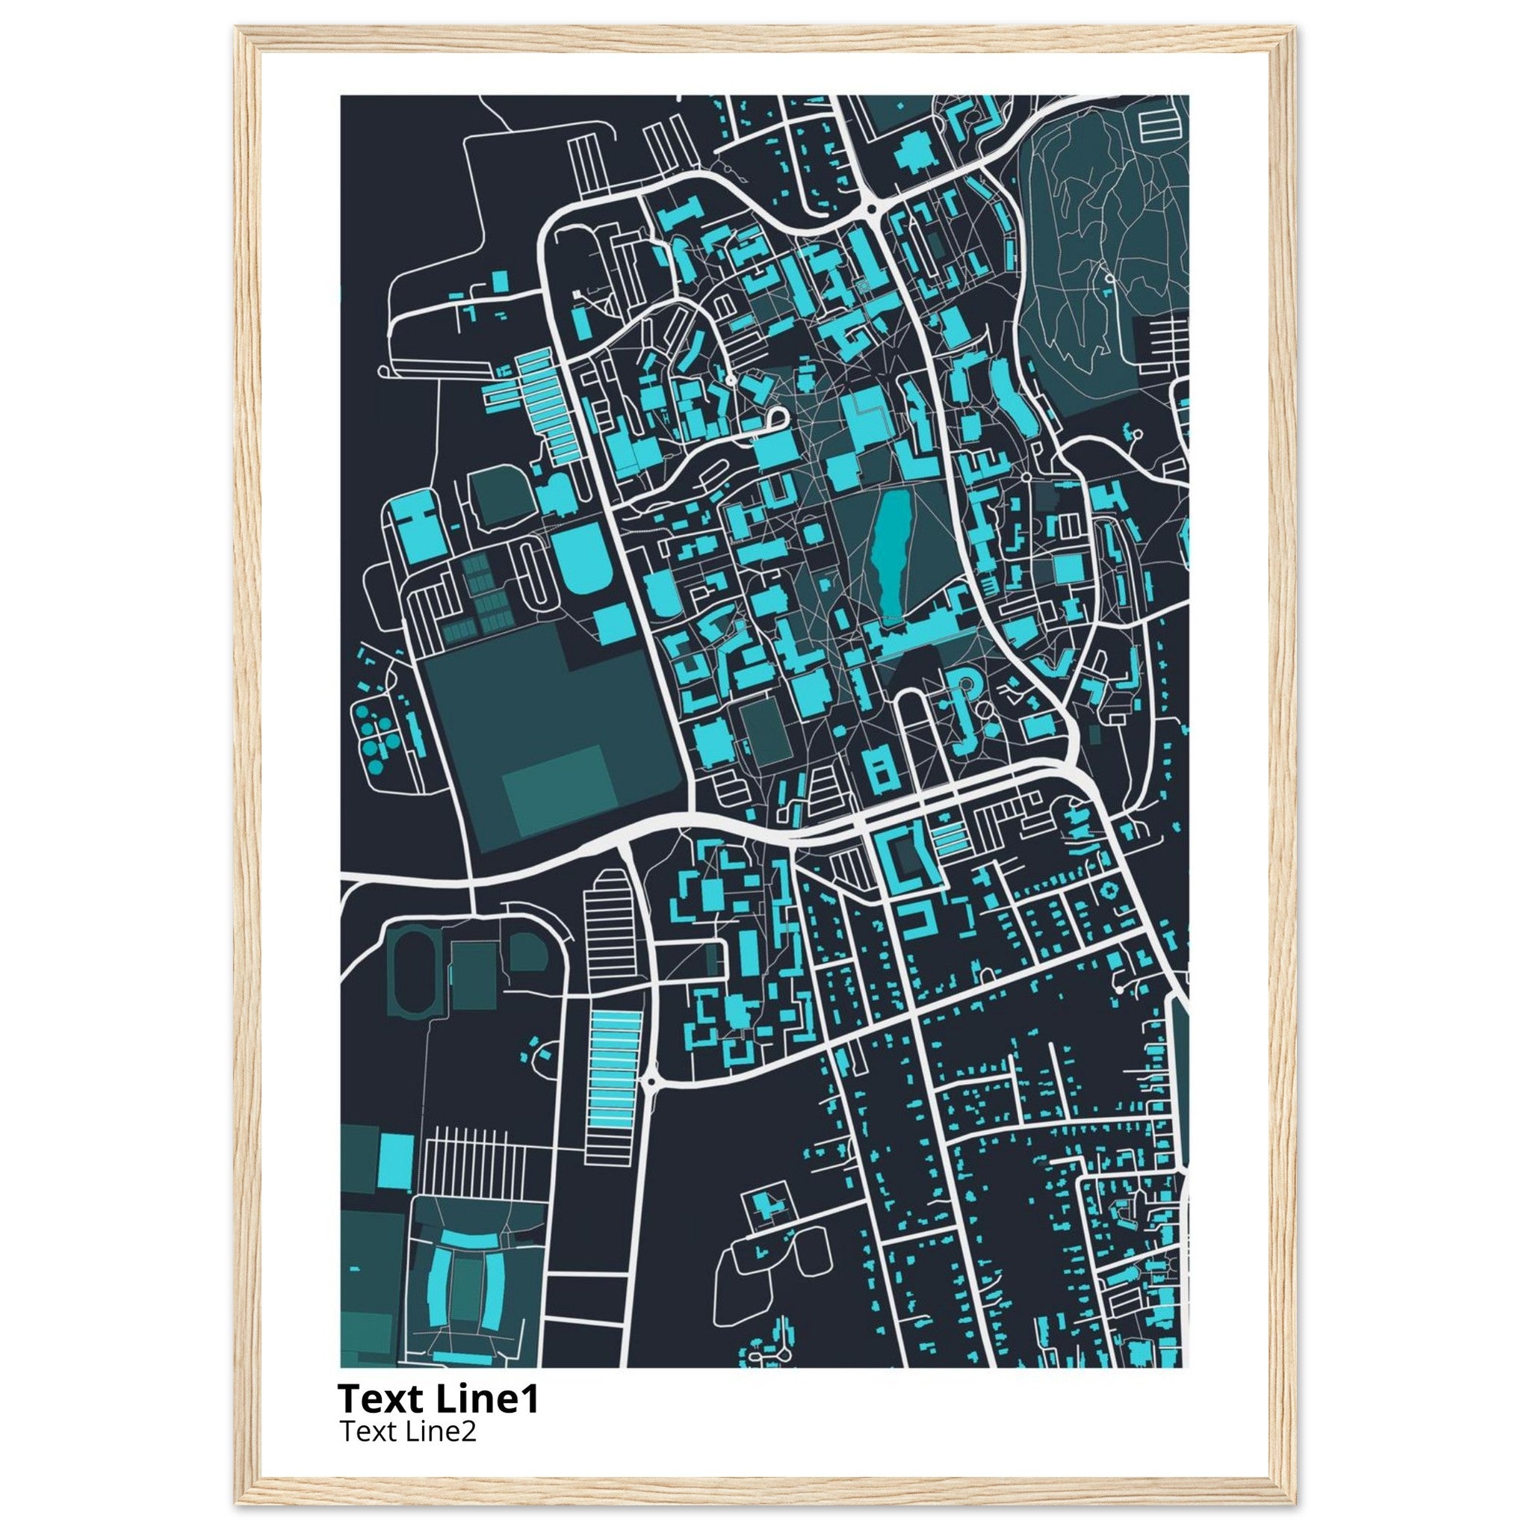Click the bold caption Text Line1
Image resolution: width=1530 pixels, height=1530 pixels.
(438, 1399)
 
